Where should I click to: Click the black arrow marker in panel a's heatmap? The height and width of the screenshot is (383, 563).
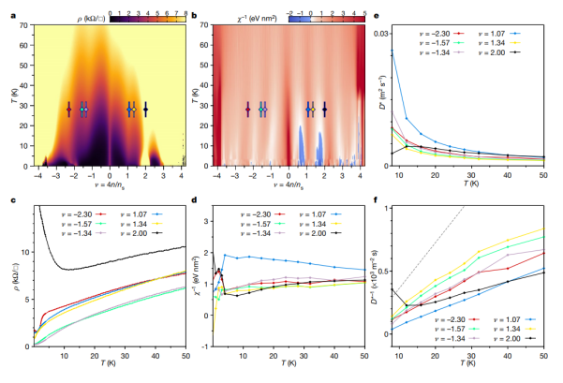tap(145, 110)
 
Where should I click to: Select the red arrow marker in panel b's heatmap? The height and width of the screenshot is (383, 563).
tap(247, 110)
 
